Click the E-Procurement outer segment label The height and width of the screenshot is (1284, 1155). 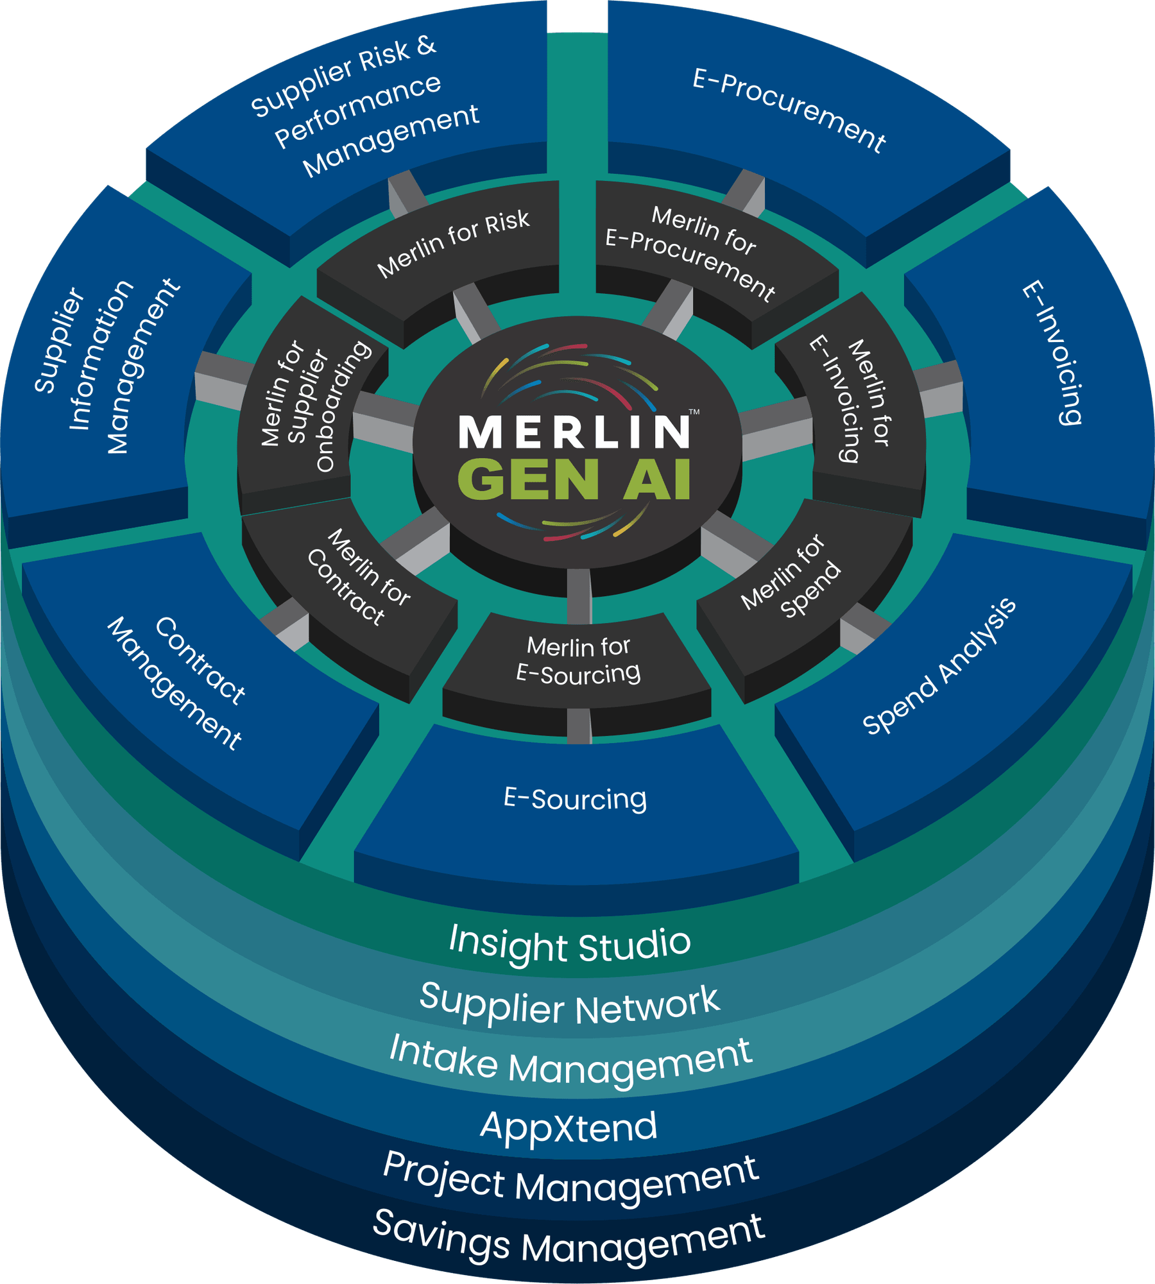789,110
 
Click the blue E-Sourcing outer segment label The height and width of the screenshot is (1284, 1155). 575,799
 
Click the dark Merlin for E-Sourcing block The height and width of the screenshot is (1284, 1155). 578,660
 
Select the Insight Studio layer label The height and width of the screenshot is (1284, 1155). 570,944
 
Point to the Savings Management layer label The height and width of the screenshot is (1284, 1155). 570,1239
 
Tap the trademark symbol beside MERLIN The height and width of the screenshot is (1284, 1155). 694,412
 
